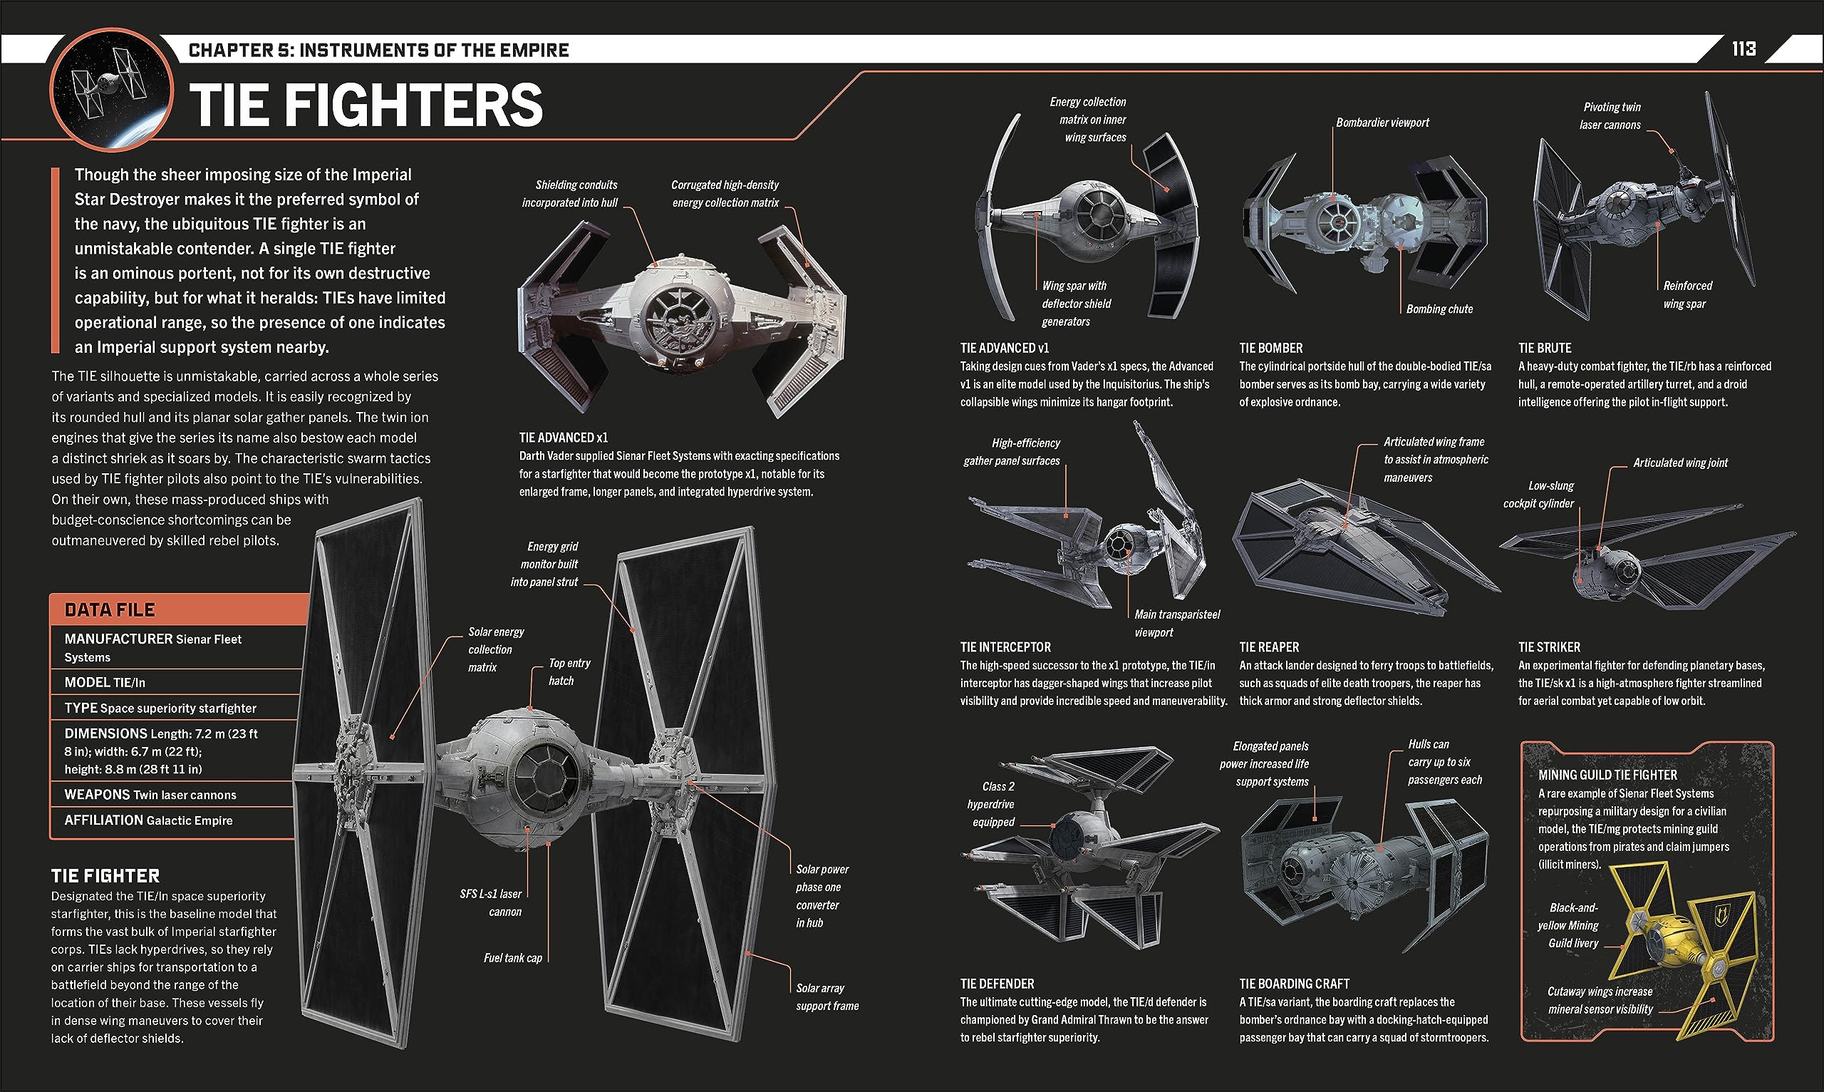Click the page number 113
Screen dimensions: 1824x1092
pos(1743,48)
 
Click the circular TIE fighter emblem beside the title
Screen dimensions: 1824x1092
pos(111,90)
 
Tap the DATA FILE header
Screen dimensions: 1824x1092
pos(110,609)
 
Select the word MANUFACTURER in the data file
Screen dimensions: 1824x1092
pos(108,639)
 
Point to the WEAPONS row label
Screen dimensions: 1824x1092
pos(97,795)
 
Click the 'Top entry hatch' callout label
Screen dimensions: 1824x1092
pos(569,672)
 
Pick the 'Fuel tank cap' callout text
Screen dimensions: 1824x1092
pos(512,957)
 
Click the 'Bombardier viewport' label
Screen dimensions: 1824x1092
pos(1382,123)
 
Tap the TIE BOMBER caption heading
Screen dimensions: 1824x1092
pos(1270,348)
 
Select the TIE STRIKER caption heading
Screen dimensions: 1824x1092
pos(1549,647)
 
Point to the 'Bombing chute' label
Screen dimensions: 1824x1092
pos(1439,309)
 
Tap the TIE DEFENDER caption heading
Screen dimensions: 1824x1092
pos(997,984)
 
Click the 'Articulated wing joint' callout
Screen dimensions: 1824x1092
pos(1680,463)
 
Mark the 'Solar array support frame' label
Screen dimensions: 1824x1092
pos(826,997)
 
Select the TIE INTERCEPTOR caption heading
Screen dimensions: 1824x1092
pos(1005,647)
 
